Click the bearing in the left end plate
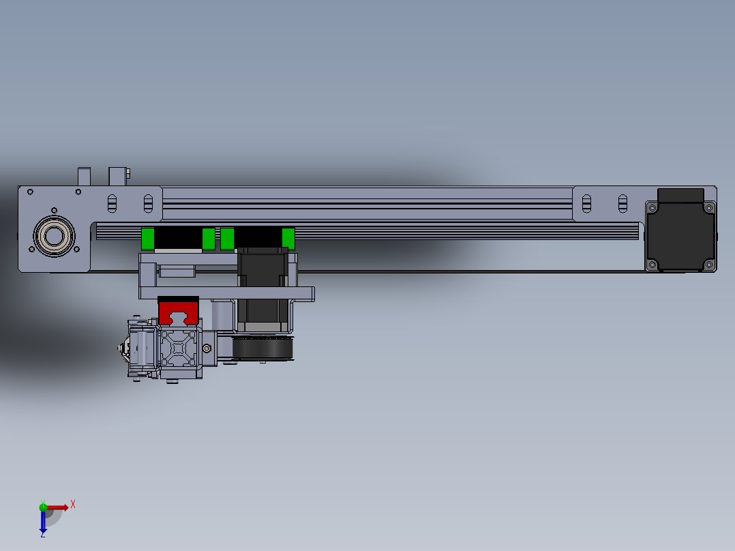55,236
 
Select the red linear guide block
178,311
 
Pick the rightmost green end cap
288,239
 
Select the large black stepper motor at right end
680,236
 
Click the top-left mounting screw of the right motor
652,207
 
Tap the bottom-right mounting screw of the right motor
708,265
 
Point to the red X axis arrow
58,507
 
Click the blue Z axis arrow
43,522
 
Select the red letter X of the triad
73,504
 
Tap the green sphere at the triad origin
43,507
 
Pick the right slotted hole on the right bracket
622,203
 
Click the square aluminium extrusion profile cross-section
178,348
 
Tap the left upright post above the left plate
84,176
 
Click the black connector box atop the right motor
680,194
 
